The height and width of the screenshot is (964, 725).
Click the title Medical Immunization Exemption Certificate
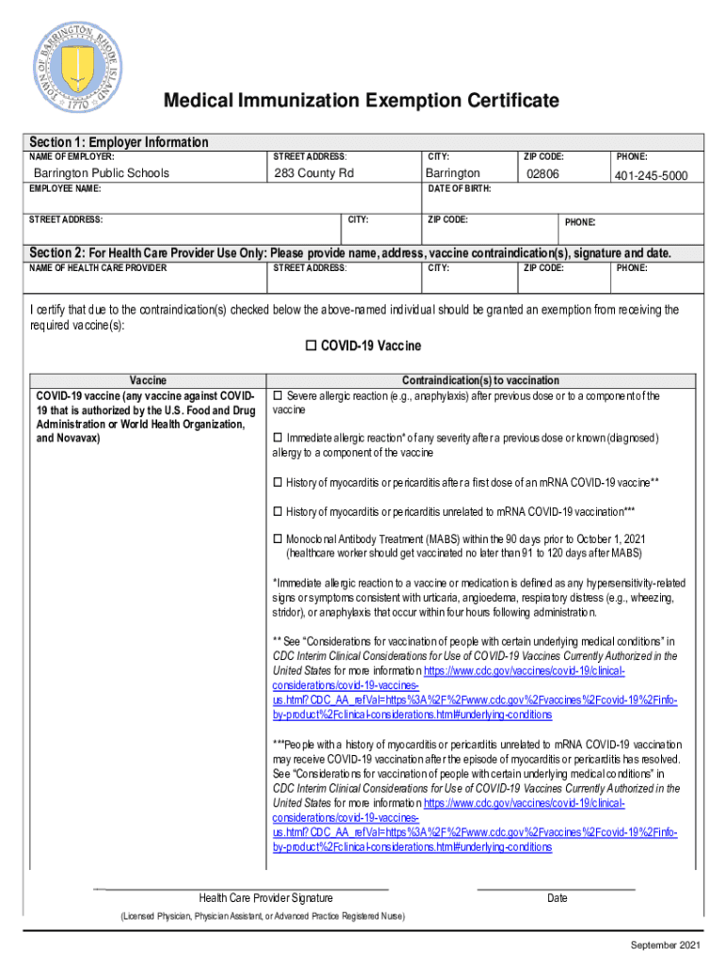click(x=362, y=101)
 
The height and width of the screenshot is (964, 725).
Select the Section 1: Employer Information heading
click(x=120, y=142)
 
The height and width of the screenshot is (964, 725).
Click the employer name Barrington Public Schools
click(x=102, y=173)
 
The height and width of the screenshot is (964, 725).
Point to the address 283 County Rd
click(x=314, y=173)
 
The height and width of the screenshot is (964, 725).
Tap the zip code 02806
click(x=542, y=174)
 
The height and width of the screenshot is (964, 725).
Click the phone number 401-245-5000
click(x=651, y=176)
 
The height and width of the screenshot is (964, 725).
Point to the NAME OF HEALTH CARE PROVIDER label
click(x=98, y=268)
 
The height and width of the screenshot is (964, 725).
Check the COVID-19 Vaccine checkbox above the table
click(x=312, y=346)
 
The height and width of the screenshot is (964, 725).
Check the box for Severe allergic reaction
click(x=278, y=395)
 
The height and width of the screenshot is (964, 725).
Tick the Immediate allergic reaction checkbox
click(x=278, y=439)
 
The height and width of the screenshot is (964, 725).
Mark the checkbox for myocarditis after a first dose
click(x=278, y=483)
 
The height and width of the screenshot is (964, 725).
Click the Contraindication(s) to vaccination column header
click(x=480, y=380)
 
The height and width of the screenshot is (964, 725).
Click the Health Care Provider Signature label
click(x=266, y=898)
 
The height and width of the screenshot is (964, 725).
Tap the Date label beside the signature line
click(x=557, y=898)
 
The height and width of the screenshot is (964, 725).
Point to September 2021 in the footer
click(x=666, y=944)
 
